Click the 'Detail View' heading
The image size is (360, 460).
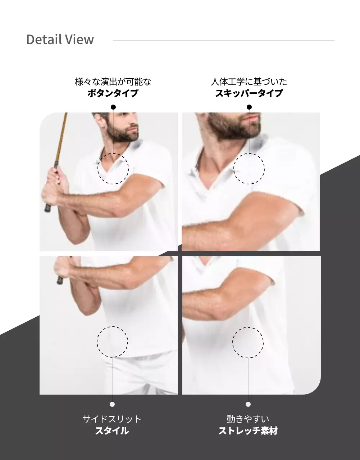coord(60,40)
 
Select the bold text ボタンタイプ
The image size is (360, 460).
coord(113,93)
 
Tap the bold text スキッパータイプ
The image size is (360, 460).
coord(249,93)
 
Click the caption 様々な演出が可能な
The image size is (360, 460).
coord(113,82)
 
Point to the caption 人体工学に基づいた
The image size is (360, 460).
coord(249,82)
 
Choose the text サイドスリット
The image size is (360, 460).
coord(112,419)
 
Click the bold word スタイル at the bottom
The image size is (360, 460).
coord(112,431)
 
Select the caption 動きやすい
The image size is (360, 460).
coord(248,419)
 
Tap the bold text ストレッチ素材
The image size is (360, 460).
coord(248,431)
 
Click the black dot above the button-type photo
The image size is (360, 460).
coord(113,107)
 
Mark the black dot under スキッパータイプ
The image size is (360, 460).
coord(249,107)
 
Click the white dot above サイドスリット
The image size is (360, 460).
coord(112,404)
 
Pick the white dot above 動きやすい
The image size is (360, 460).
coord(248,404)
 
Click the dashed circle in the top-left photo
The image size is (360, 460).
coord(113,169)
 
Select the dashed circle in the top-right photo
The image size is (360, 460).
coord(249,169)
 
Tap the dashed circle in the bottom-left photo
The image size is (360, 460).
coord(112,342)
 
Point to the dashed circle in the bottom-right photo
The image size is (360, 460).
coord(248,342)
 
